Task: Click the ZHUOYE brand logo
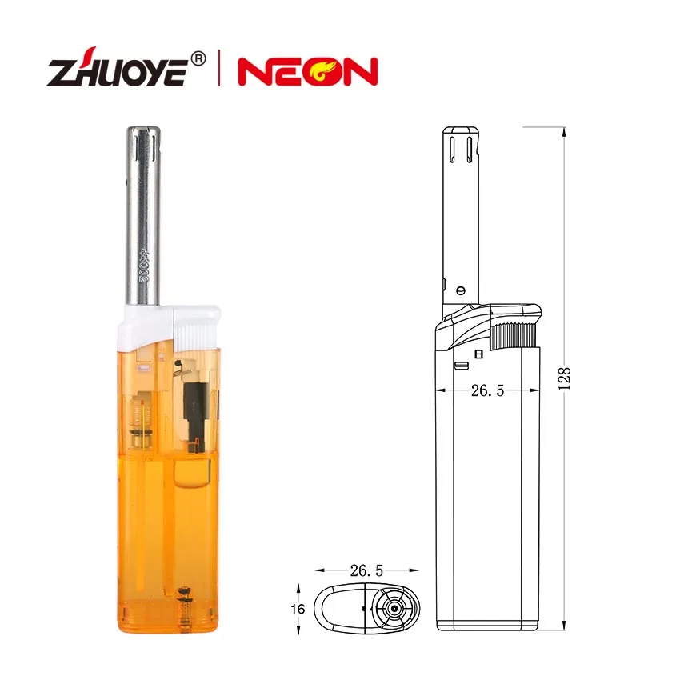[117, 72]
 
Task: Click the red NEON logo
[307, 72]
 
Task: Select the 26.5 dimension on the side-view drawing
[487, 391]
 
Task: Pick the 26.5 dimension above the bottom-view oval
[366, 570]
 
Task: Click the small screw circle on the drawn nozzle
[460, 289]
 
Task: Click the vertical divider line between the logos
[218, 70]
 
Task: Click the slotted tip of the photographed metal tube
[145, 144]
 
